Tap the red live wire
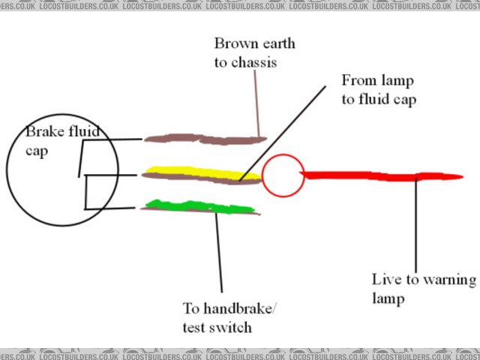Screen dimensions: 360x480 pos(375,176)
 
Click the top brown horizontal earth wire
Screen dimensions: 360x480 pos(202,138)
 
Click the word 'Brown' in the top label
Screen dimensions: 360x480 pos(233,43)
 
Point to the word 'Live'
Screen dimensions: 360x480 pos(386,280)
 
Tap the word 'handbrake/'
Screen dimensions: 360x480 pos(235,308)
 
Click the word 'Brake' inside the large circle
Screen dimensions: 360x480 pos(43,132)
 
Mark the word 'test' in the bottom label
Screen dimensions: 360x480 pos(194,327)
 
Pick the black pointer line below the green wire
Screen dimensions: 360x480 pos(219,251)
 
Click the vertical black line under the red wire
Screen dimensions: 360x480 pos(417,225)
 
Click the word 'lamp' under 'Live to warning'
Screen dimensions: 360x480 pos(389,298)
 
